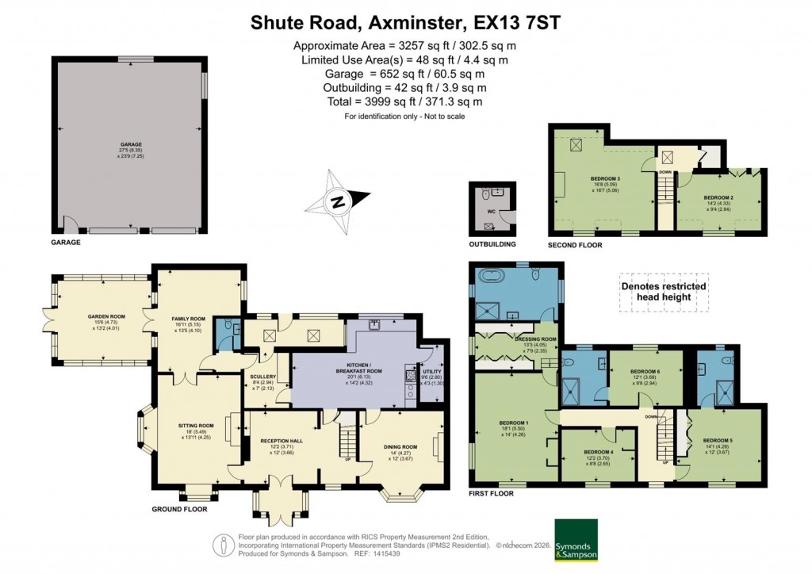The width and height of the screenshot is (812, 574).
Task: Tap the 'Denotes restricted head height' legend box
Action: tap(664, 292)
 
